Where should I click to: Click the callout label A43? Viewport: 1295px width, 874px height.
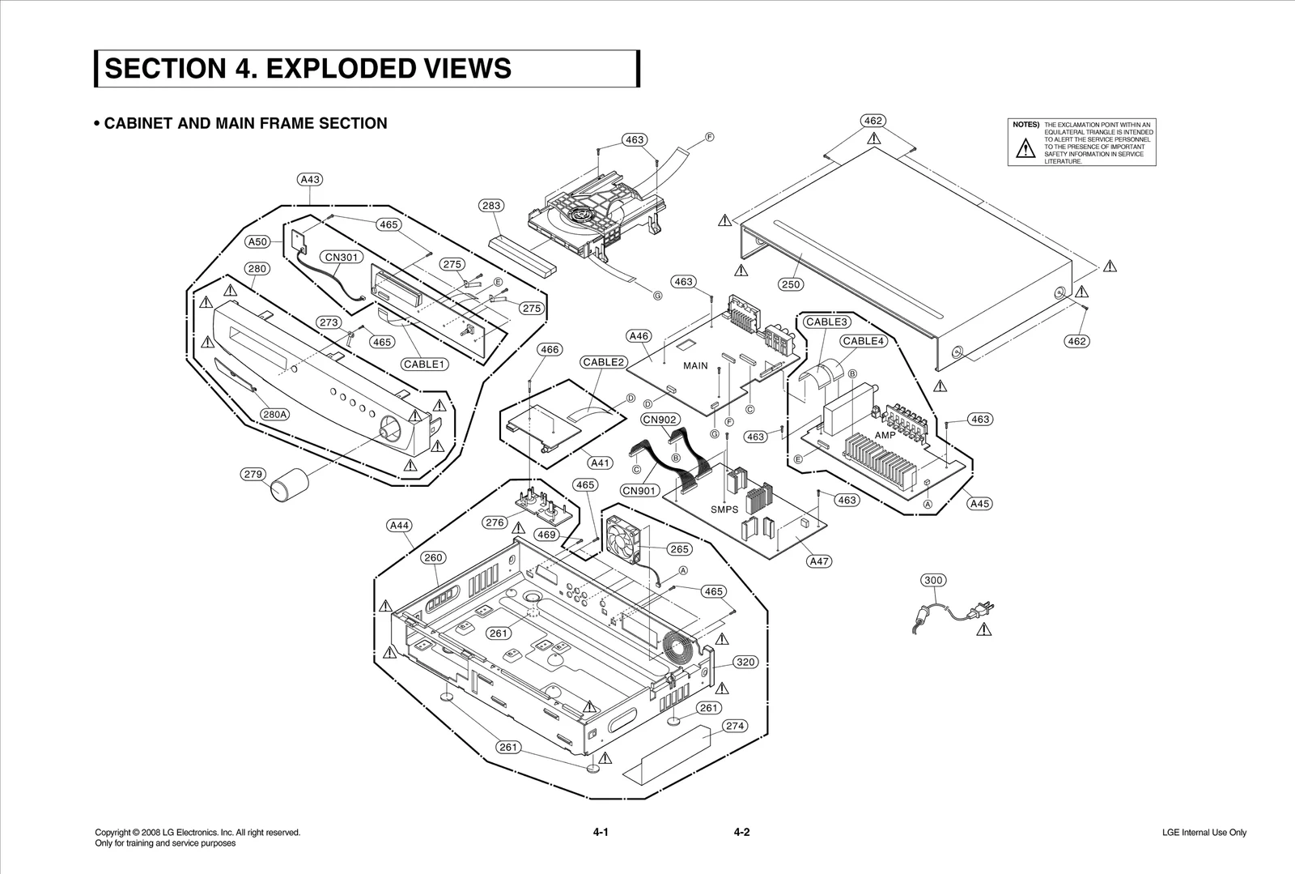click(x=310, y=179)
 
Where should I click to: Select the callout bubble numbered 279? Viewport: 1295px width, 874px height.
click(x=254, y=474)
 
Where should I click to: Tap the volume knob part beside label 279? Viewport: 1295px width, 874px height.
click(x=289, y=488)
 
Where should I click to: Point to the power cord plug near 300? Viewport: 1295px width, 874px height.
click(x=983, y=608)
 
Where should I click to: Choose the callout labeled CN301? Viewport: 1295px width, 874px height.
click(x=342, y=258)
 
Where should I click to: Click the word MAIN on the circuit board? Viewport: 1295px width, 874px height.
click(x=695, y=366)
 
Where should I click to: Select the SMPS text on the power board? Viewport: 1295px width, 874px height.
click(x=724, y=509)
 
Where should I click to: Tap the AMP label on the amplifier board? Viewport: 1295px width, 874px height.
click(x=885, y=435)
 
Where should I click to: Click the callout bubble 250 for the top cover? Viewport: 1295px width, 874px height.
click(x=791, y=284)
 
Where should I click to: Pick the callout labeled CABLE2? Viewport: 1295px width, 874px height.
click(x=603, y=362)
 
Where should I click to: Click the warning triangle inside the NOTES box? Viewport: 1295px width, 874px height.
click(x=1025, y=148)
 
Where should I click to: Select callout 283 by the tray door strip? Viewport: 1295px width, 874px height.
click(x=491, y=206)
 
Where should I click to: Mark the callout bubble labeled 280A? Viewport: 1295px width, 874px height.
click(x=274, y=414)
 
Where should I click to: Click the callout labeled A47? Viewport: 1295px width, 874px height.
click(x=820, y=561)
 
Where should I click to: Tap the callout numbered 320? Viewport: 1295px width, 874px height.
click(x=745, y=662)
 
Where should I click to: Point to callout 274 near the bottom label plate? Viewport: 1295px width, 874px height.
click(x=735, y=726)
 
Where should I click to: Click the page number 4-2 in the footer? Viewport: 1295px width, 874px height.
click(x=741, y=832)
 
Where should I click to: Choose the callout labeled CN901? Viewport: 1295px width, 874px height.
click(x=639, y=490)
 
